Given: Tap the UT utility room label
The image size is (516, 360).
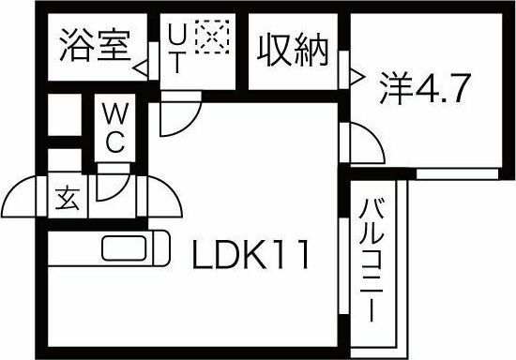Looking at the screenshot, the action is point(175,54).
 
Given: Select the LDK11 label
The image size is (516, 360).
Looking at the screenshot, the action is point(251,253).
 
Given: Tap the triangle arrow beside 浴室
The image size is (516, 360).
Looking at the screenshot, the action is point(140,68).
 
